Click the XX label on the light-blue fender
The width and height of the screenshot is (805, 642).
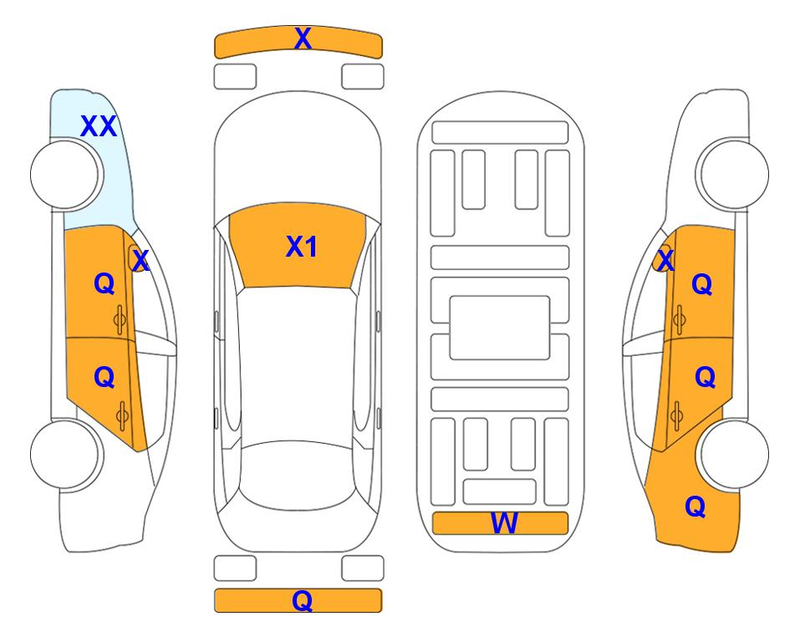tap(99, 126)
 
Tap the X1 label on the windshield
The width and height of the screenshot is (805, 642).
tap(302, 247)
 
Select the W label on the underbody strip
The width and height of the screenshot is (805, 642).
tap(503, 523)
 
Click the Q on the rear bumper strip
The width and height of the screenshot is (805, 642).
tap(302, 600)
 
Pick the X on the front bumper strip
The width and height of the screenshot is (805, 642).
tap(303, 38)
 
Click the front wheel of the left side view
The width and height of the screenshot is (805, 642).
tap(65, 175)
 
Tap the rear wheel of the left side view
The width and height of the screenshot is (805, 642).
tap(65, 454)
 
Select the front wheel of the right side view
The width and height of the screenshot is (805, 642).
tap(734, 174)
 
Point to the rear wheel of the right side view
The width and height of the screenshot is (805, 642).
tap(735, 454)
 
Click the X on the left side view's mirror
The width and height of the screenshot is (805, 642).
tap(140, 261)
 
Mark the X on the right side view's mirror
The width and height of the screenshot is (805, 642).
tap(665, 260)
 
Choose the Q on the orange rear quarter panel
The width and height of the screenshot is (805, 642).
tap(695, 507)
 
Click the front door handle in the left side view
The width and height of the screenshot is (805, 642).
tap(120, 320)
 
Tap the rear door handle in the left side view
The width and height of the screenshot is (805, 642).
tap(122, 415)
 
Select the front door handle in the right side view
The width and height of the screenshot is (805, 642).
tap(679, 319)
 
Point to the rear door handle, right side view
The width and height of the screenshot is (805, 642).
tap(676, 415)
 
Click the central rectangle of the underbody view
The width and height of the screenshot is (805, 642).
tap(500, 328)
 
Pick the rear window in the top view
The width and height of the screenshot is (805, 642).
tap(298, 475)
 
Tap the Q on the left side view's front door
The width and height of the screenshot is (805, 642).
tap(104, 283)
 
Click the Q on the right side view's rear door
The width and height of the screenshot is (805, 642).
tap(705, 378)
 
